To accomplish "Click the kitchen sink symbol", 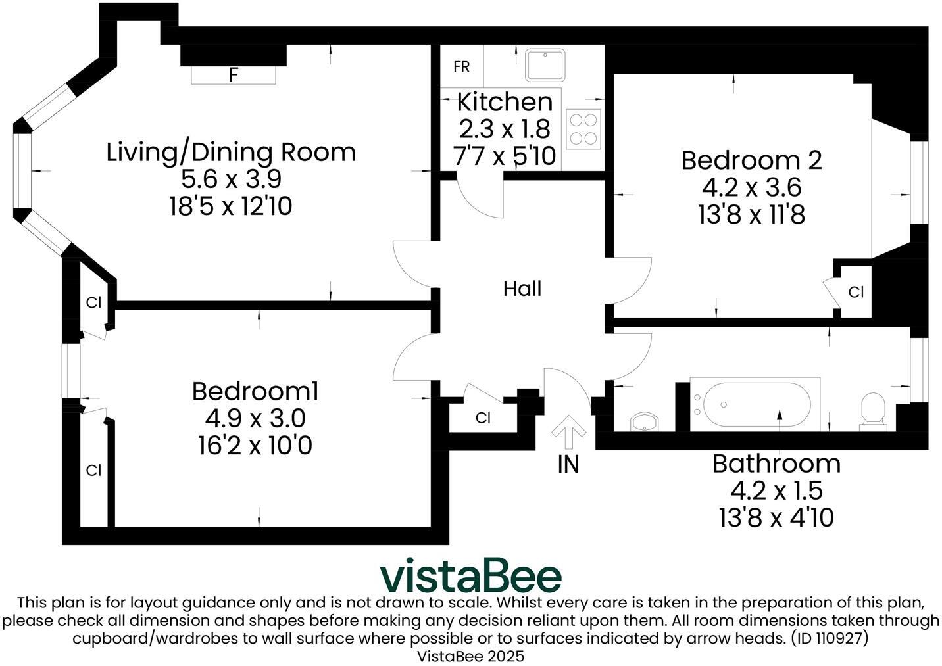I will [x=545, y=64].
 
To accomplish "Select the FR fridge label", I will [x=462, y=67].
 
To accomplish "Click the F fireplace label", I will [x=233, y=75].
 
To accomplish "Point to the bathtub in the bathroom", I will [x=755, y=404].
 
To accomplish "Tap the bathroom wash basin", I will [x=644, y=421].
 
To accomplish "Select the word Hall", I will [x=522, y=288].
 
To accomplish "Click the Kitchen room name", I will [x=505, y=102].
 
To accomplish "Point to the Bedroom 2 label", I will [x=751, y=160].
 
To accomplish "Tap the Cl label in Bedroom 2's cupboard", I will [x=856, y=292].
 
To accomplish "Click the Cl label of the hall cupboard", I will [x=483, y=418].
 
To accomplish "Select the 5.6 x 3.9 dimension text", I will [x=231, y=179].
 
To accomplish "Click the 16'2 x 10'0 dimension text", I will [x=255, y=446].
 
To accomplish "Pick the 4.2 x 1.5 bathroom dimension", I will [x=776, y=490].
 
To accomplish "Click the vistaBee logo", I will [x=471, y=576].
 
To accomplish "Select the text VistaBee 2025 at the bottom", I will [x=471, y=656].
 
